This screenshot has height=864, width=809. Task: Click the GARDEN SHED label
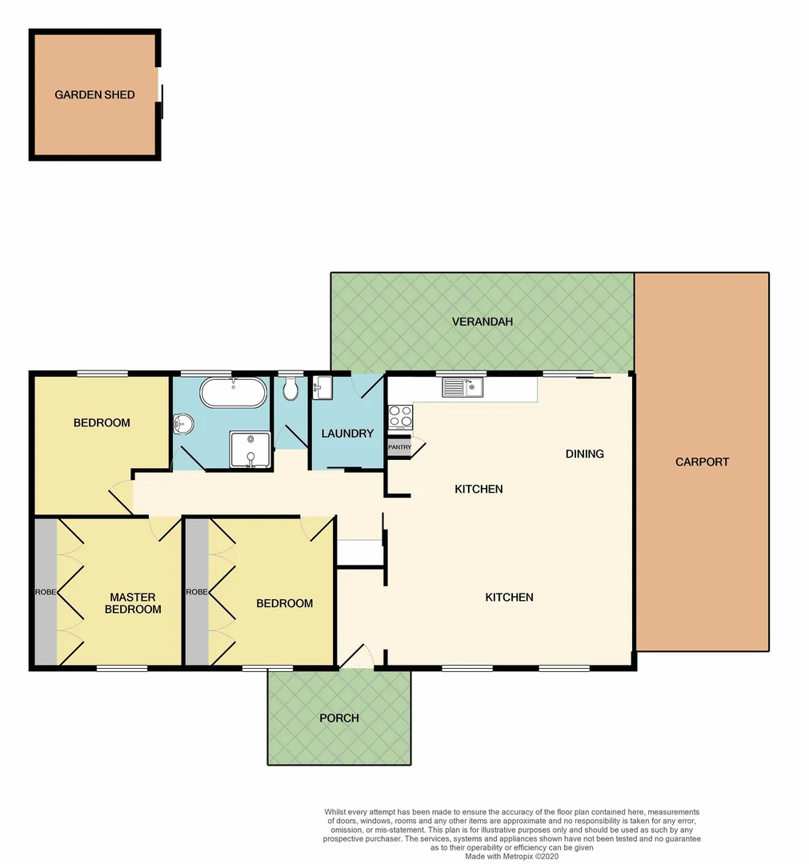click(x=94, y=94)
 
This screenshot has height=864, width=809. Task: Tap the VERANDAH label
click(x=482, y=322)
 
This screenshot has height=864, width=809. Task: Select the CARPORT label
click(x=702, y=462)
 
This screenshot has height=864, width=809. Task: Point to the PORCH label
click(x=338, y=718)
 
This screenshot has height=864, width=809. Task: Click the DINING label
click(x=584, y=454)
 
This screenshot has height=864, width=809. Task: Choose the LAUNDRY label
click(x=347, y=434)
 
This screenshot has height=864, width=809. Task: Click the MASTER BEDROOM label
click(x=133, y=603)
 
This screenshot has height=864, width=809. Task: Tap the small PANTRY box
click(x=398, y=447)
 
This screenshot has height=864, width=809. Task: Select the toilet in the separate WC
click(x=290, y=390)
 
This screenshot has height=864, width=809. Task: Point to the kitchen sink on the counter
click(x=463, y=388)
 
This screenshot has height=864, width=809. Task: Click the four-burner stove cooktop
click(x=400, y=416)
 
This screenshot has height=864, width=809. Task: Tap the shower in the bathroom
click(x=250, y=449)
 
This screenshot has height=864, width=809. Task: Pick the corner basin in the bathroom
click(x=182, y=422)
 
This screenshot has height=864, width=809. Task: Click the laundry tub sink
click(x=322, y=388)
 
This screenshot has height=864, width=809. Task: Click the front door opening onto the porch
click(x=356, y=658)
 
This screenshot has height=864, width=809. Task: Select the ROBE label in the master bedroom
click(x=44, y=592)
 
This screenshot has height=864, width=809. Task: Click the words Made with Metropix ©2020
click(x=518, y=856)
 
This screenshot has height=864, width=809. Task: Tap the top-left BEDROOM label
click(x=102, y=422)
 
